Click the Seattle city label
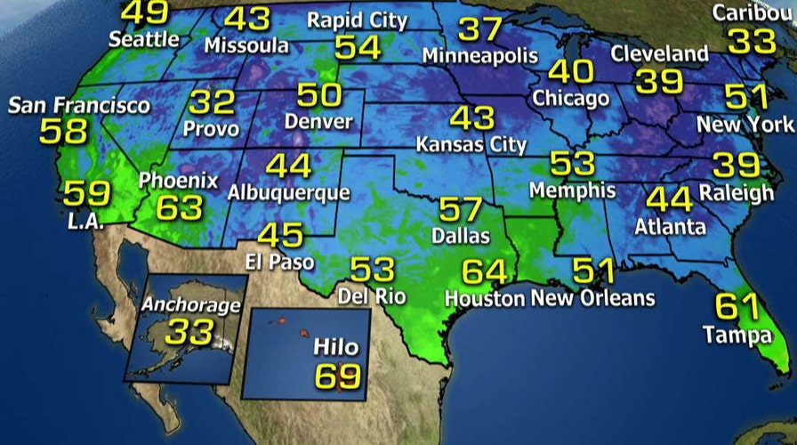pos(144,40)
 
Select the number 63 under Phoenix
pos(180,208)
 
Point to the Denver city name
pos(318,121)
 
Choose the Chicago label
pos(570,97)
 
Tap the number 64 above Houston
pos(484,271)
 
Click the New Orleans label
pos(592,297)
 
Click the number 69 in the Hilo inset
pos(337,375)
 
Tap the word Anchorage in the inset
pos(191,305)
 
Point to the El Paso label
pos(280,262)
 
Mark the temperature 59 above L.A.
pos(87,192)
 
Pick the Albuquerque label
pos(288,191)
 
